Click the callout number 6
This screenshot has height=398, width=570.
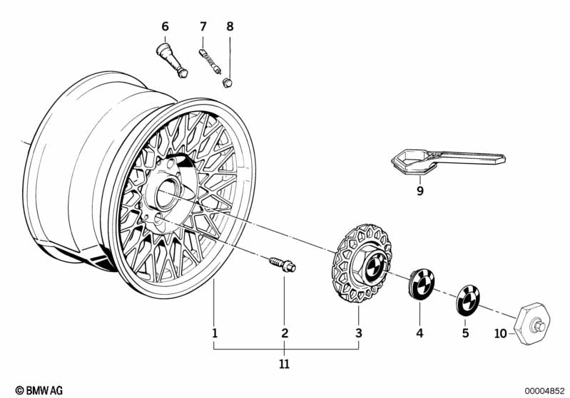pos(166,26)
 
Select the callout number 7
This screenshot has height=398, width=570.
pos(203,26)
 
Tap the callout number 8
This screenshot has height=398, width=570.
pos(230,26)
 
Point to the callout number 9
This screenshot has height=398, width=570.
pos(420,190)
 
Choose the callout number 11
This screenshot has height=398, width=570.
pos(285,364)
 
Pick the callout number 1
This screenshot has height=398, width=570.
pos(214,332)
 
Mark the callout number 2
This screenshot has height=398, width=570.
pos(285,332)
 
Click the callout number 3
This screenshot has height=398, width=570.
pos(359,332)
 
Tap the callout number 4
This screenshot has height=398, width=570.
pos(420,332)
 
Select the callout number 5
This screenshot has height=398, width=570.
pos(465,332)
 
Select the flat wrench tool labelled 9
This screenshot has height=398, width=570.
pos(442,161)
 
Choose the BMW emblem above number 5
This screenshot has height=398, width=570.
pos(467,300)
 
